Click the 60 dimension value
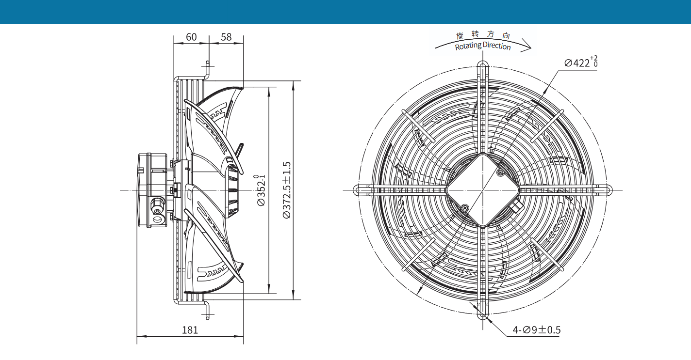(191, 37)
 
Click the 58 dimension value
(226, 37)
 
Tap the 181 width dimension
(190, 330)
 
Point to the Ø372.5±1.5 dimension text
(287, 190)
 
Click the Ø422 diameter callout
(581, 62)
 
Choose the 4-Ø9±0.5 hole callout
(537, 330)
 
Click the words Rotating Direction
(483, 46)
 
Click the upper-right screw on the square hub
(500, 173)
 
